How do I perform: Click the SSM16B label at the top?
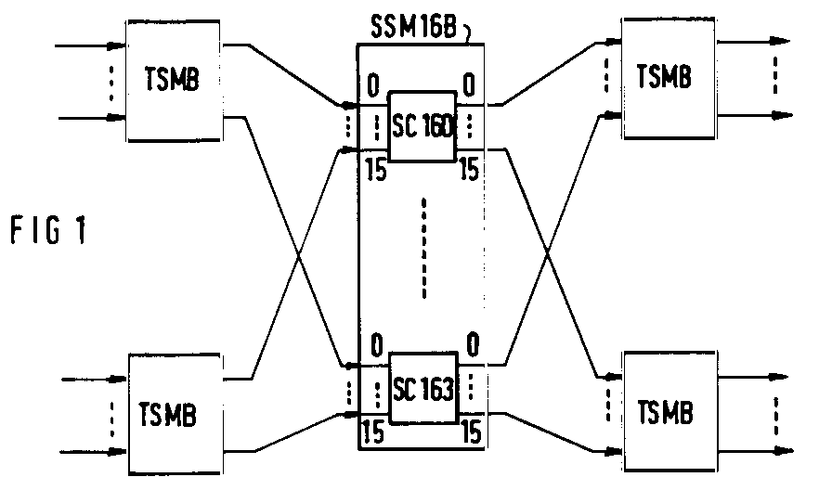pos(413,27)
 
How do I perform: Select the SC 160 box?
pos(422,126)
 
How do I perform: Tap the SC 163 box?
pos(423,388)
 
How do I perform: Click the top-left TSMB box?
pos(173,81)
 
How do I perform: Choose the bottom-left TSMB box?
pos(175,414)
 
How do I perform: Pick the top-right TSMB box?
pos(669,79)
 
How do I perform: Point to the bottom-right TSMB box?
pos(670,411)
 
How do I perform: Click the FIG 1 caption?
pos(48,231)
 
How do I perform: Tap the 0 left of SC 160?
pos(373,85)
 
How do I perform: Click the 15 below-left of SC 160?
pos(376,170)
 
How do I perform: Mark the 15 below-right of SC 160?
pos(469,170)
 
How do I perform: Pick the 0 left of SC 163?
pos(376,345)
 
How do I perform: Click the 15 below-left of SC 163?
pos(373,432)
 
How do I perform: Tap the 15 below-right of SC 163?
pos(471,432)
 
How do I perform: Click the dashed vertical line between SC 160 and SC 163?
pos(423,248)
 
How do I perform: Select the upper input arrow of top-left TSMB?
pos(90,46)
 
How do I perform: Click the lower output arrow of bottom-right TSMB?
pos(756,451)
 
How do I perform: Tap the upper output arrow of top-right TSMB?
pos(753,41)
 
